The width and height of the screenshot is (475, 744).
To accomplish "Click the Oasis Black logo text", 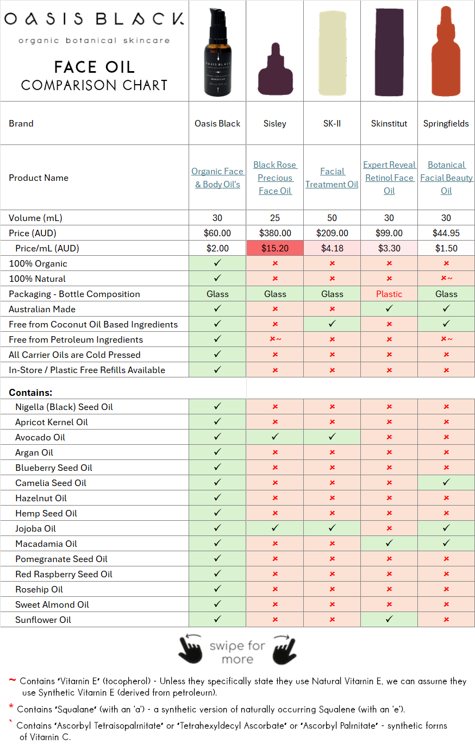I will pyautogui.click(x=94, y=20).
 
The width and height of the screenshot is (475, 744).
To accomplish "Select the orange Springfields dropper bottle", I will pyautogui.click(x=446, y=52).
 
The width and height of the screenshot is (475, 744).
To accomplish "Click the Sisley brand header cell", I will pyautogui.click(x=275, y=123).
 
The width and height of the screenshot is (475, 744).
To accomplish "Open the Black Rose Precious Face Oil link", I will pyautogui.click(x=275, y=178).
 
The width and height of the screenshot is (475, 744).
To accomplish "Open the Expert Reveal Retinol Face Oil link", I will pyautogui.click(x=389, y=178).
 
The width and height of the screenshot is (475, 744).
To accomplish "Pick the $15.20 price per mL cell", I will pyautogui.click(x=275, y=248).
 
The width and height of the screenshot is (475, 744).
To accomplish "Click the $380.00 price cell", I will pyautogui.click(x=275, y=233).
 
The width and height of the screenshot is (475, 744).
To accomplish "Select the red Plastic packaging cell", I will pyautogui.click(x=389, y=294).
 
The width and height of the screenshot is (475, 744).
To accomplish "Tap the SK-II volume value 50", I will pyautogui.click(x=332, y=218).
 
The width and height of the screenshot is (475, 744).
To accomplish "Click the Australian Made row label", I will pyautogui.click(x=42, y=309).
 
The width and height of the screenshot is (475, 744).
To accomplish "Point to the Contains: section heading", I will pyautogui.click(x=30, y=393).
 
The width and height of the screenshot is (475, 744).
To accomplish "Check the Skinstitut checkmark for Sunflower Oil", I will pyautogui.click(x=389, y=620).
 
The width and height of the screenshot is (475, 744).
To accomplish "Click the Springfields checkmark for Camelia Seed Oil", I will pyautogui.click(x=446, y=483).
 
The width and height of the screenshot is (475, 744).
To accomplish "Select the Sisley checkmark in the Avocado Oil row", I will pyautogui.click(x=275, y=437).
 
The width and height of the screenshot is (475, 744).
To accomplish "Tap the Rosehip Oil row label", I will pyautogui.click(x=39, y=589).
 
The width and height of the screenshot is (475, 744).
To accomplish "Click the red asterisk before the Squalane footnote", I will pyautogui.click(x=11, y=707).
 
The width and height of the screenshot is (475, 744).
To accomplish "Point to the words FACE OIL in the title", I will pyautogui.click(x=94, y=67).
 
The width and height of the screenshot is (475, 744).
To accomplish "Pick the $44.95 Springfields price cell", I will pyautogui.click(x=446, y=233).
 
